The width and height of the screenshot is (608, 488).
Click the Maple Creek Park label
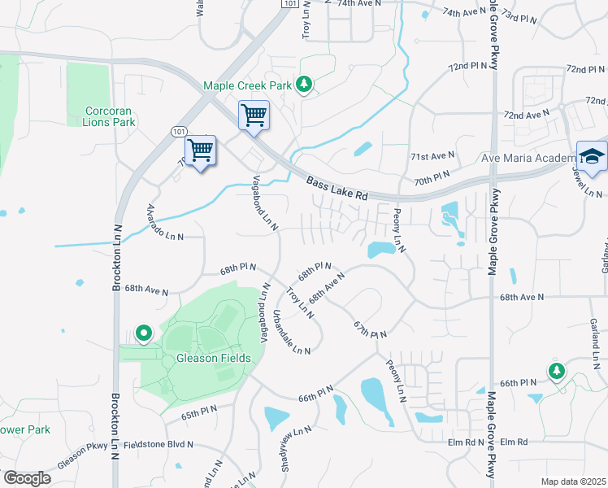click(x=247, y=85)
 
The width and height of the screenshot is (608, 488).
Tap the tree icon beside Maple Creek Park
click(x=304, y=84)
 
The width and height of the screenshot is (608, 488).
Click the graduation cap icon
click(x=592, y=156)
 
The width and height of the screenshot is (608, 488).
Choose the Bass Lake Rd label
click(x=337, y=190)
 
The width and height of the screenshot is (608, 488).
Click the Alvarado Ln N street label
click(x=165, y=223)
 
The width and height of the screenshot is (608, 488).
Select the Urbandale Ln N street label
click(x=292, y=334)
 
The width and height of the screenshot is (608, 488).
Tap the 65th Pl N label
click(x=199, y=413)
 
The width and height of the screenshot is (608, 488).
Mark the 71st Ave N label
click(x=432, y=155)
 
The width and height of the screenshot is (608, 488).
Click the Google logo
click(x=27, y=478)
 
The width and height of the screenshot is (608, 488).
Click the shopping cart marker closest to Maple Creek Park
click(x=254, y=115)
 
